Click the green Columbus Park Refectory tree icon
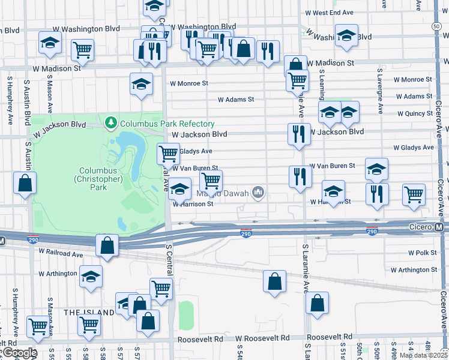(x=110, y=124)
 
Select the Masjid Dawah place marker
(x=259, y=192)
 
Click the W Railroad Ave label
(x=61, y=254)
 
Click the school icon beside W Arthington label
(x=91, y=276)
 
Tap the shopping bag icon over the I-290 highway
(x=107, y=245)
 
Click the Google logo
(x=20, y=353)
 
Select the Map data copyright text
(x=423, y=355)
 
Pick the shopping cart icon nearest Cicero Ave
(x=414, y=194)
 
